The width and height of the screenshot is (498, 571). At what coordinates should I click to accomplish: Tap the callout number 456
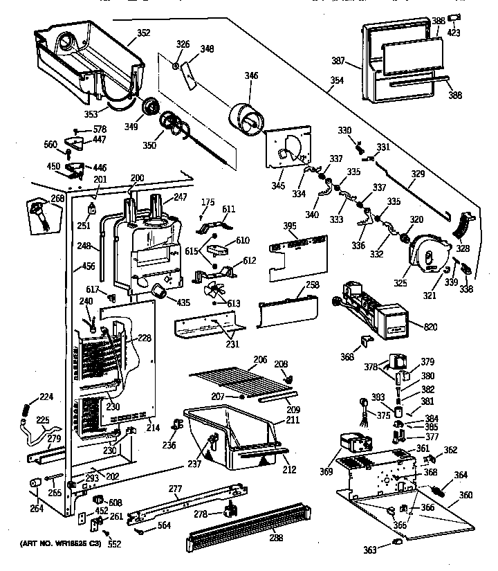click(x=89, y=265)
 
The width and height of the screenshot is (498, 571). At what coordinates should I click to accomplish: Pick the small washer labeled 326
click(x=177, y=66)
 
